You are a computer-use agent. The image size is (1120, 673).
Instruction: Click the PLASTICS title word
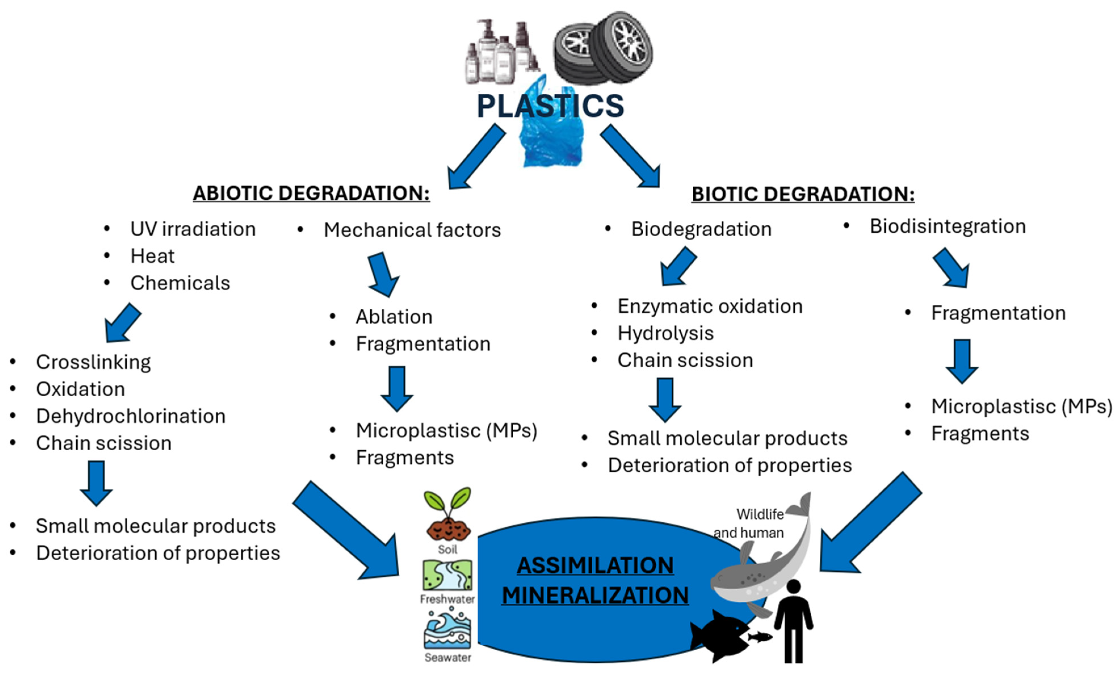(x=550, y=106)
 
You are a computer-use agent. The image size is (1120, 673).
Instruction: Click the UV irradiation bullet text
(x=193, y=229)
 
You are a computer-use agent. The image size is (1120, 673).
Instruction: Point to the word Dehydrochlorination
(x=131, y=416)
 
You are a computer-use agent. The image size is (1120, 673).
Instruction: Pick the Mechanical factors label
(x=412, y=230)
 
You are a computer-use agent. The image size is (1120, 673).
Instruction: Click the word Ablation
(x=394, y=317)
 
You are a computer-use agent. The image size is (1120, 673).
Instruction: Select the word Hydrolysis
(x=665, y=333)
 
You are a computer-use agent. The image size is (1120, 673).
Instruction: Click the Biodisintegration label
(x=947, y=226)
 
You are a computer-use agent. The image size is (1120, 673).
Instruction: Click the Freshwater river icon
(x=447, y=575)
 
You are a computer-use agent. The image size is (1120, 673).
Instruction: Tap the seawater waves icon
(x=447, y=630)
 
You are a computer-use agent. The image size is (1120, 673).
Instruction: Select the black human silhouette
(x=793, y=621)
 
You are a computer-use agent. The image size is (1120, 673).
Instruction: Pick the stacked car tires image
(x=603, y=48)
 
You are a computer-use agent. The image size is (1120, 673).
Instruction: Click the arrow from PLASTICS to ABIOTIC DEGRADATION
(x=475, y=158)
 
